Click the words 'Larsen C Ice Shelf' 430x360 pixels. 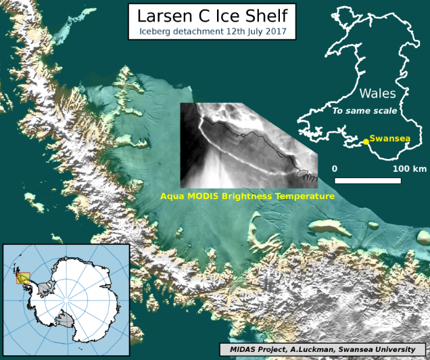pyautogui.click(x=212, y=16)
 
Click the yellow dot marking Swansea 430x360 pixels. pyautogui.click(x=366, y=141)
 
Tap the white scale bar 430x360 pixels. pyautogui.click(x=368, y=181)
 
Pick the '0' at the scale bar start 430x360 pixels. pyautogui.click(x=335, y=168)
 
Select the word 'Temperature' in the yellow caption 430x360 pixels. pyautogui.click(x=305, y=196)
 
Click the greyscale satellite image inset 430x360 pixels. pyautogui.click(x=243, y=145)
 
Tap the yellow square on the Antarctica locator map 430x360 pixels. pyautogui.click(x=23, y=277)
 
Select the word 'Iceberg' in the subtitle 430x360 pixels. pyautogui.click(x=157, y=30)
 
